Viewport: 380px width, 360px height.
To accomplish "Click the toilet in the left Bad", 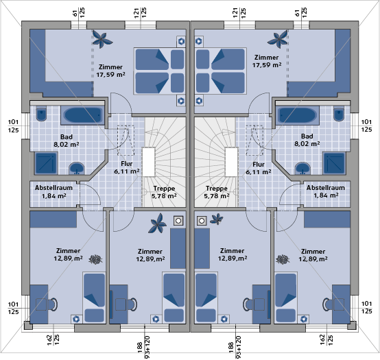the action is [41, 113].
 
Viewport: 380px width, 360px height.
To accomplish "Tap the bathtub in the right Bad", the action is [298, 115].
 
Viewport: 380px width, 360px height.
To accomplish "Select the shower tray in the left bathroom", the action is [46, 163].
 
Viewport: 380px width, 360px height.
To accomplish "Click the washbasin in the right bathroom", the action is [302, 169].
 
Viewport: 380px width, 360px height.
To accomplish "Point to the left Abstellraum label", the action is [54, 188].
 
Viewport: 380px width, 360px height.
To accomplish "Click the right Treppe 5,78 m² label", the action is [217, 192].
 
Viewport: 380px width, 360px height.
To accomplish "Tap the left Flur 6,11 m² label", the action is [126, 167].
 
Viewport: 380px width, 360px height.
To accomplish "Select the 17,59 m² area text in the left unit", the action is [110, 75].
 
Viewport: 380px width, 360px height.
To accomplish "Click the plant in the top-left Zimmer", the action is [102, 39].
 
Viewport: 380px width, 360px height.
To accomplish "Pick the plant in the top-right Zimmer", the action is [278, 39].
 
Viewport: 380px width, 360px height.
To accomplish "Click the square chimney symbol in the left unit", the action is [178, 221].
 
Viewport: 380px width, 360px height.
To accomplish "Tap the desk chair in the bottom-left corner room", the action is [54, 304].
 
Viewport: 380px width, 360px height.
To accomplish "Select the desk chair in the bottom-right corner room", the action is [327, 304].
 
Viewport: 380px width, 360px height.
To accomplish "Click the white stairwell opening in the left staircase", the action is [149, 162].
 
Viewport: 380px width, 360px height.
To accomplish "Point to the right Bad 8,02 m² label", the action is [307, 140].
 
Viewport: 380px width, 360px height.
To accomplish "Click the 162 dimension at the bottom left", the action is [49, 339].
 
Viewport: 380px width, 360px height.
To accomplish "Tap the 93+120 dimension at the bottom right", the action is [239, 347].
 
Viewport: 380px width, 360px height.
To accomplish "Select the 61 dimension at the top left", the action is [75, 13].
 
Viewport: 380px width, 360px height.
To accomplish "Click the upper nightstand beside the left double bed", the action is [181, 41].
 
